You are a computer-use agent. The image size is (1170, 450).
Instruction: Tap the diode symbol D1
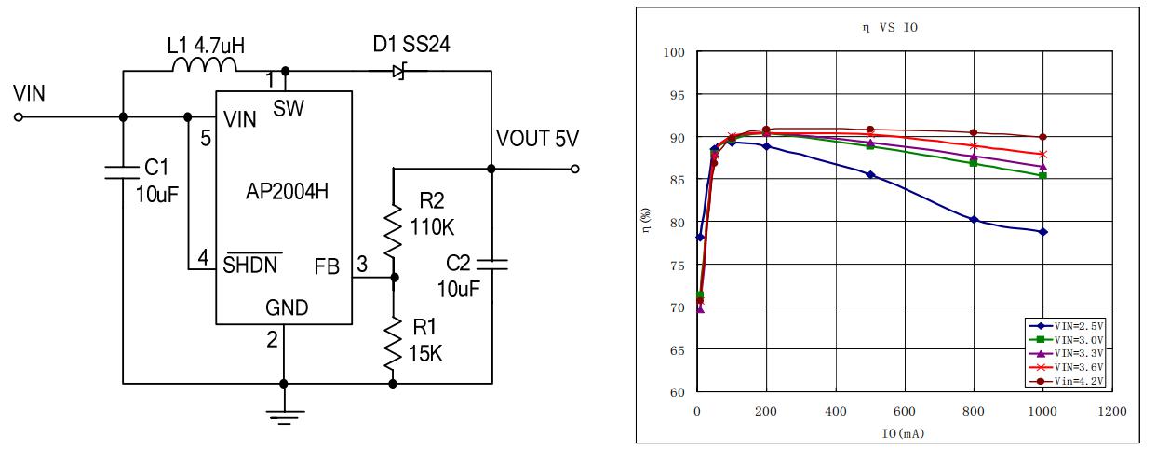point(401,71)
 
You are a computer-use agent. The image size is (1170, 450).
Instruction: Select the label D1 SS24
point(411,46)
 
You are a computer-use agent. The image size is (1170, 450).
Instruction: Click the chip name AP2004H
point(285,193)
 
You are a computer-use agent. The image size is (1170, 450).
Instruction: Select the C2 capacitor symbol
point(491,266)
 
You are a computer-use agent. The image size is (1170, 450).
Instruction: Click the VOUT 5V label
point(538,140)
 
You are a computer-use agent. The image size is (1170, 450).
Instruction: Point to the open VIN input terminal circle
point(18,116)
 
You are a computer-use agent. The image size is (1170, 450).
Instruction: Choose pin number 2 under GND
point(272,340)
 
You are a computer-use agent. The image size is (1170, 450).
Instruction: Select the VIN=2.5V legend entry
point(1071,326)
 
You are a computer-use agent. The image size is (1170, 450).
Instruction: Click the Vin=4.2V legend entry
point(1071,381)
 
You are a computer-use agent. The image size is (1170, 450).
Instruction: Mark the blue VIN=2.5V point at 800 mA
point(974,220)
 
